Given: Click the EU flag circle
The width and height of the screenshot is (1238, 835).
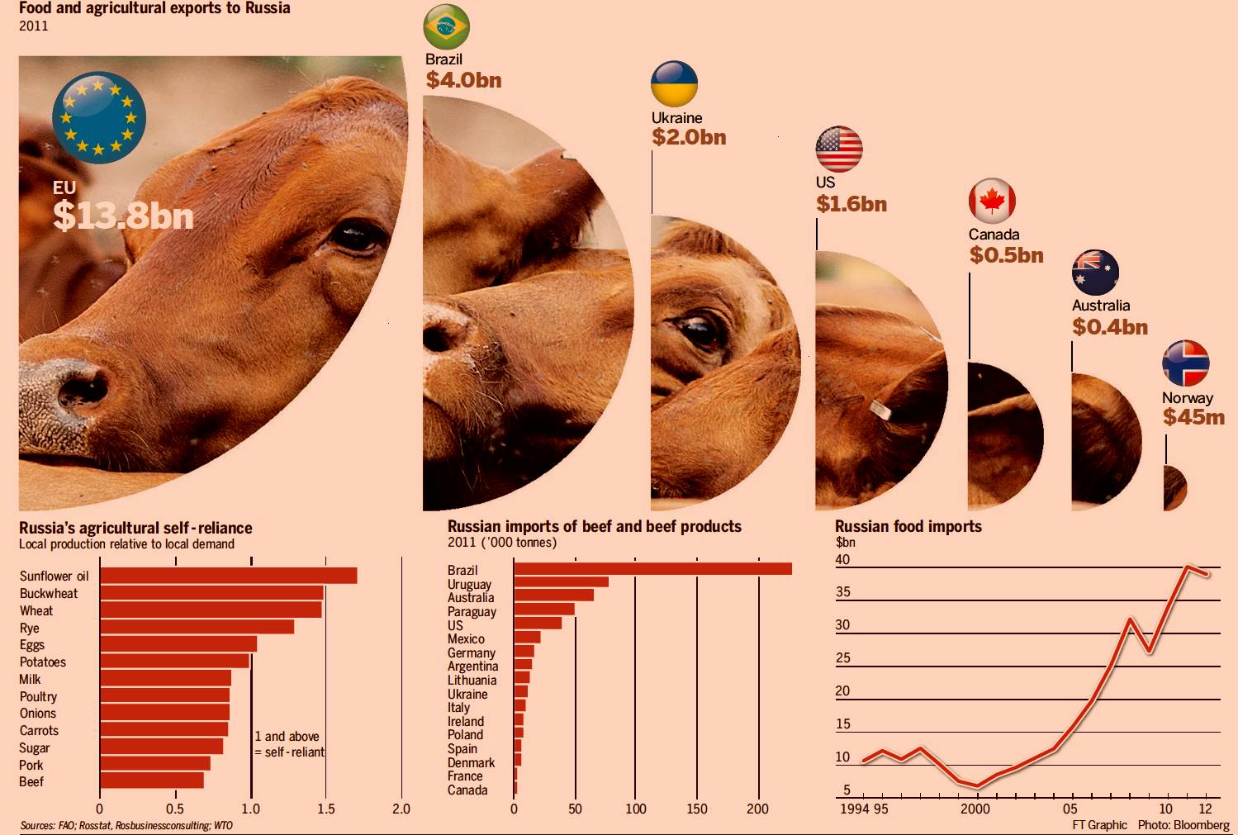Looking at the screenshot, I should coord(99,116).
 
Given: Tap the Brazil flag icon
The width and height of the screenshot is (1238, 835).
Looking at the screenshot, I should coord(446,27).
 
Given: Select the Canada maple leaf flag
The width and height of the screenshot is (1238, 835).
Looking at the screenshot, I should coord(992,201).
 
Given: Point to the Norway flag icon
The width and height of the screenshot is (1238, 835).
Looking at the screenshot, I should coord(1185,363).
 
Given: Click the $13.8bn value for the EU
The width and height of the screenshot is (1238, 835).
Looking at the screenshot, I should coord(123,216).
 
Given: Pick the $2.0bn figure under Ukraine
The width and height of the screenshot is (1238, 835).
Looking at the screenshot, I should coord(689,137).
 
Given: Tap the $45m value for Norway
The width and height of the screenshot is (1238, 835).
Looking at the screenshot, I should coord(1193,417).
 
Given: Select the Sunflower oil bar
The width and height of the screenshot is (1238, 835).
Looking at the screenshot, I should coord(228,576).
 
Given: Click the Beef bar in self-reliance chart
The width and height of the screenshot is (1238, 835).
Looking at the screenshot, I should coord(152,780).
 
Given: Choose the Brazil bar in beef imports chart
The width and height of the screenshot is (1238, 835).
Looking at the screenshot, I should coord(652,569).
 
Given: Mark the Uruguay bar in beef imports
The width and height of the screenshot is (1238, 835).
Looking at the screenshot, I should coord(561,582).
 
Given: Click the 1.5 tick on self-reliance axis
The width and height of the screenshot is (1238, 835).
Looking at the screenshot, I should coord(326,809).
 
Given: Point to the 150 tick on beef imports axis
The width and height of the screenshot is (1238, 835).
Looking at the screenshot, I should coord(697,809).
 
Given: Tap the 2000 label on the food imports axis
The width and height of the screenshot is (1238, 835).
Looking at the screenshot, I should coord(975,809).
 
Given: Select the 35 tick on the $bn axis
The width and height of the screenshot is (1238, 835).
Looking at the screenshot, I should coord(842,592).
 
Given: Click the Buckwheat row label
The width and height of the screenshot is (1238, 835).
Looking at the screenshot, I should coord(49,594).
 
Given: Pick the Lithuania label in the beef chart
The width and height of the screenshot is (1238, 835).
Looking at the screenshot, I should coord(472,681).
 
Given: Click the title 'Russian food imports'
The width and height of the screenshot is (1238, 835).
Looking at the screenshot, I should coord(908,527).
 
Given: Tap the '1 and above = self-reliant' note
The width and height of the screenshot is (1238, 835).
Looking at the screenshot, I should coord(289,744).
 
